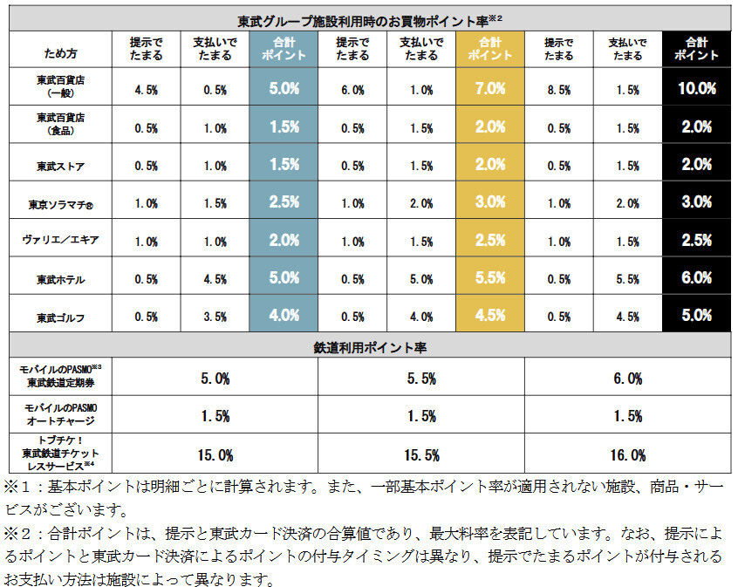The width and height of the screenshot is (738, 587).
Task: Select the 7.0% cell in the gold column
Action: (x=490, y=89)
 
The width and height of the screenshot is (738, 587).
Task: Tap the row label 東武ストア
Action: (x=60, y=166)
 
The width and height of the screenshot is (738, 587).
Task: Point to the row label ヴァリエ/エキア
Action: (x=60, y=242)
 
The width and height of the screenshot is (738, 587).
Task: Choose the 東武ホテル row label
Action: (x=60, y=280)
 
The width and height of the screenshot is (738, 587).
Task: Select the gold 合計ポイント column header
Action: (x=490, y=49)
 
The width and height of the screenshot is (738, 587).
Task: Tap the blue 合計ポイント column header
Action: (x=284, y=49)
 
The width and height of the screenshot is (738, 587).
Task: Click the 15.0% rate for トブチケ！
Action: (x=215, y=454)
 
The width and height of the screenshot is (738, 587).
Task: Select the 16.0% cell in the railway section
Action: (x=627, y=454)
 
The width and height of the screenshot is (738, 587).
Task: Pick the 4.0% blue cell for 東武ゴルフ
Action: (x=284, y=317)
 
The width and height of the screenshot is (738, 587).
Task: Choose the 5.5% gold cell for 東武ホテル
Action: (x=490, y=279)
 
